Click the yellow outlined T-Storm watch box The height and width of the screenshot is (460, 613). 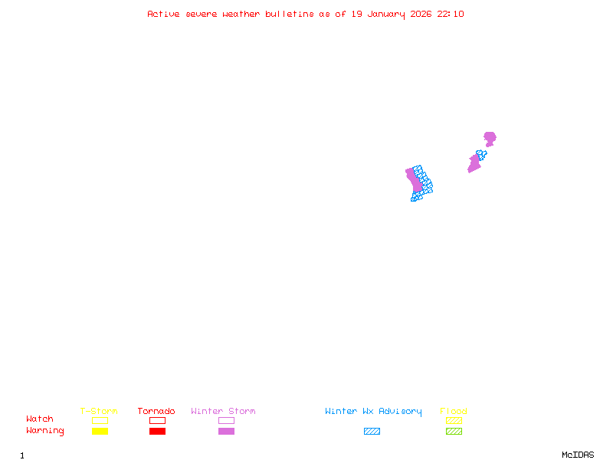(100, 420)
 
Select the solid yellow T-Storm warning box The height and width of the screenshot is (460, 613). (100, 431)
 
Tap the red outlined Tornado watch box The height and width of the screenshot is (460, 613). (157, 420)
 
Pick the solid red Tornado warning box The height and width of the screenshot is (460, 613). (157, 431)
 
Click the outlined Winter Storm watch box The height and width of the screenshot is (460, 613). (226, 420)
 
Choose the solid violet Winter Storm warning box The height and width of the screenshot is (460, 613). (226, 431)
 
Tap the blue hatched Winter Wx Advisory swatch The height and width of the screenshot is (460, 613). (372, 431)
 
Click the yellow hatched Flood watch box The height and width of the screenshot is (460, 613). (454, 420)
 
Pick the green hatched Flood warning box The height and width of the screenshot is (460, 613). (454, 431)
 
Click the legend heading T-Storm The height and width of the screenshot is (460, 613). (99, 411)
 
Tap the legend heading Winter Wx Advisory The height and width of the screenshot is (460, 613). (373, 411)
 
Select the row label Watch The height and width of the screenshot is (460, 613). (40, 419)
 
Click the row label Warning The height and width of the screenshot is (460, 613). (45, 431)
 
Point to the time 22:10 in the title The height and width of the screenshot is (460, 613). (451, 14)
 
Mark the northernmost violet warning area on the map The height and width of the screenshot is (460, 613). (490, 138)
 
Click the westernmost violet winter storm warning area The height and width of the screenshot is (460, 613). (414, 179)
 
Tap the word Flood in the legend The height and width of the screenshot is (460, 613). (454, 411)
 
